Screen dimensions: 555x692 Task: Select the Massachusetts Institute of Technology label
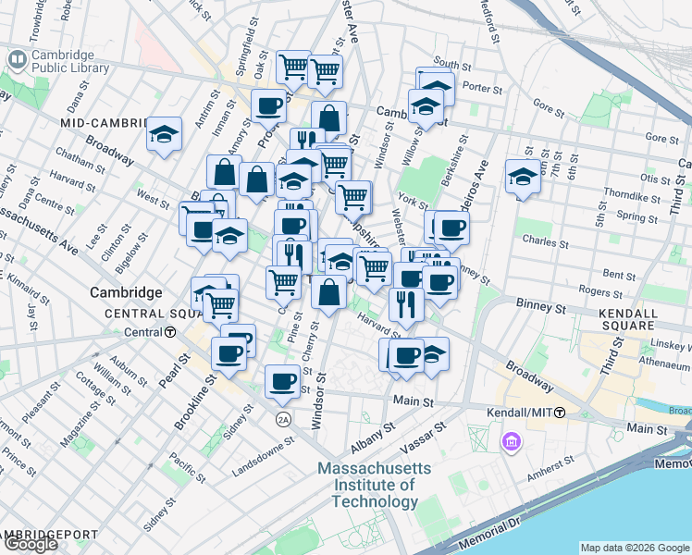[374, 485]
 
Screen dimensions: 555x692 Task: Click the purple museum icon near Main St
[511, 443]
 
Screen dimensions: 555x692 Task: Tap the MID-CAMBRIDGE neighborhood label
[104, 123]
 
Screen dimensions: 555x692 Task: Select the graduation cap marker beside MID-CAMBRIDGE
[164, 135]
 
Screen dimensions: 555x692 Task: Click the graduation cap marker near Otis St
[523, 179]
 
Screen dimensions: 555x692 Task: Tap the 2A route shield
[283, 419]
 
